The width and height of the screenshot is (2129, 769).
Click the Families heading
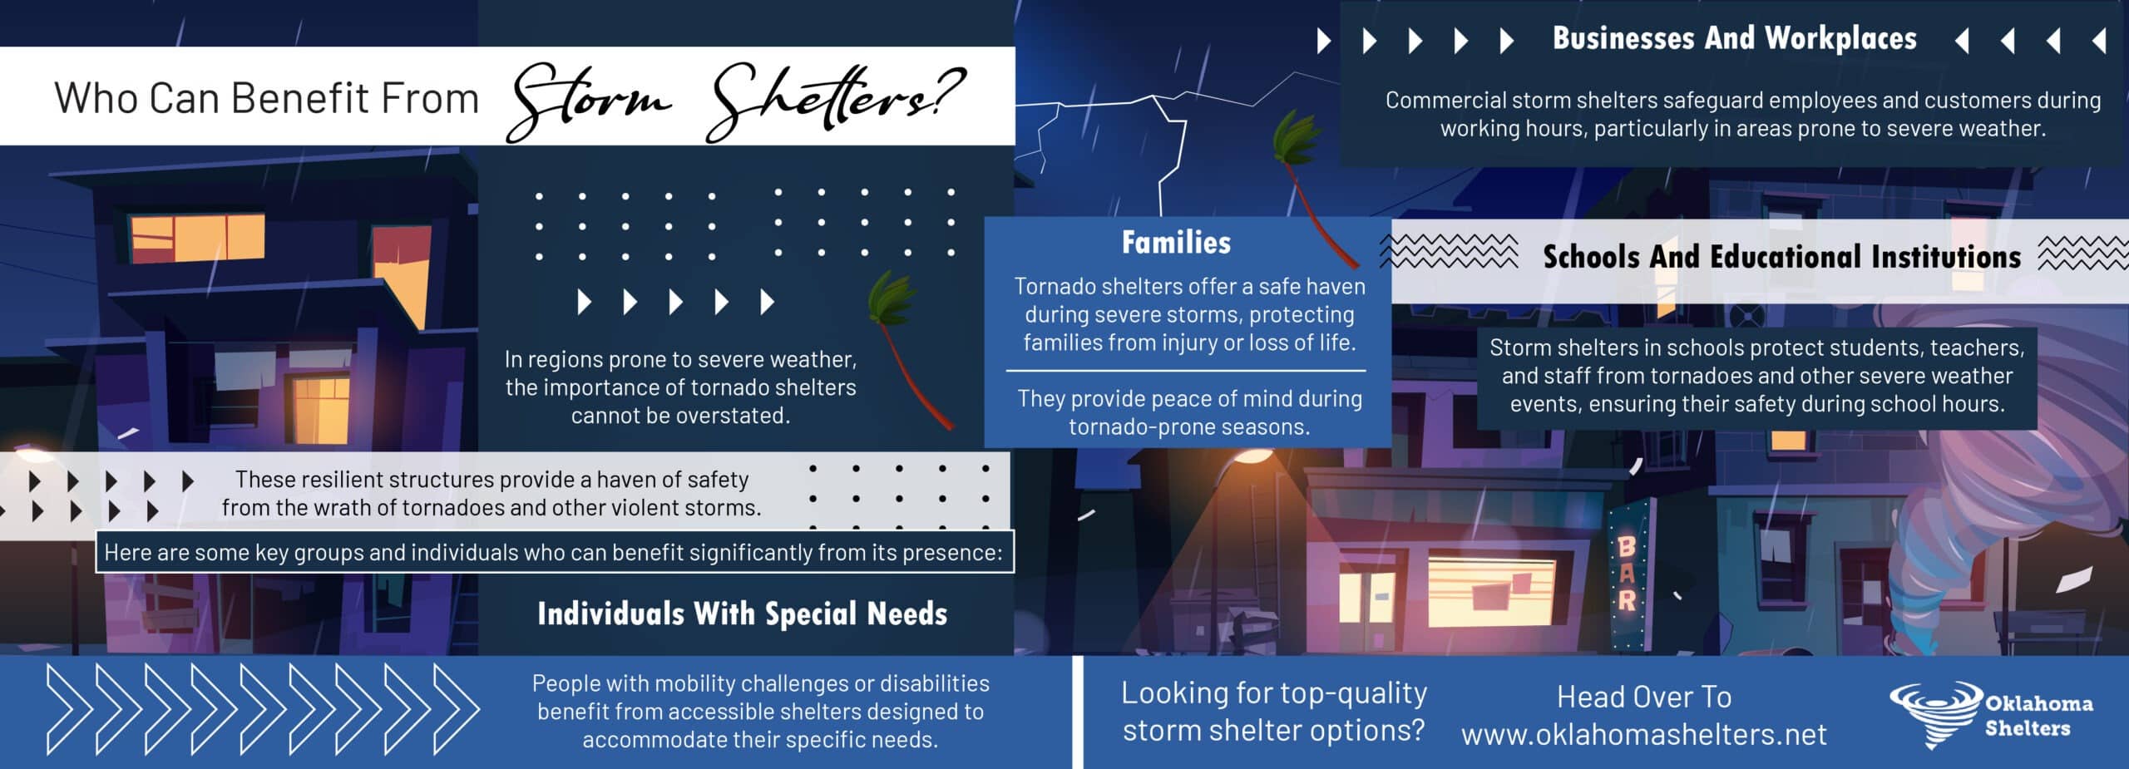pyautogui.click(x=1176, y=243)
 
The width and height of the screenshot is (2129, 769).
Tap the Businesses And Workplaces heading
pyautogui.click(x=1735, y=39)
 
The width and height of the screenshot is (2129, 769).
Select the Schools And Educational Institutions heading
pyautogui.click(x=1781, y=257)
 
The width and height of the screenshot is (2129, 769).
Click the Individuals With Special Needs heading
pyautogui.click(x=742, y=614)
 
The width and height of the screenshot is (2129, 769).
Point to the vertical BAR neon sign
pyautogui.click(x=1627, y=574)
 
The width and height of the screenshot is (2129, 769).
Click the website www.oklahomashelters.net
pyautogui.click(x=1644, y=735)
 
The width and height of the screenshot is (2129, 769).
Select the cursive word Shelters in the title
pyautogui.click(x=832, y=101)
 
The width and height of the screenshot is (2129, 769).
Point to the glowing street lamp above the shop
pyautogui.click(x=1252, y=456)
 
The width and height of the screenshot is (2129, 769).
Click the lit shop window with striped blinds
pyautogui.click(x=1491, y=592)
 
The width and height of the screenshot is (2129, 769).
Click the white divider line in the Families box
pyautogui.click(x=1186, y=371)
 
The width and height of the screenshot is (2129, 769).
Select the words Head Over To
pyautogui.click(x=1644, y=697)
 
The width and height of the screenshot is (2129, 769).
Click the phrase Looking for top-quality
pyautogui.click(x=1273, y=693)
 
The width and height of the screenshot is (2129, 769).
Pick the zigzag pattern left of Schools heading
pyautogui.click(x=1449, y=251)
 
